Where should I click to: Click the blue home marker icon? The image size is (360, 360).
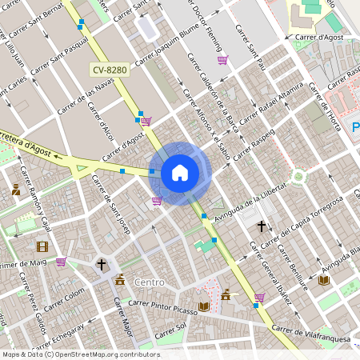[180, 173]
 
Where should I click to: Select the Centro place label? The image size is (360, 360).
[150, 282]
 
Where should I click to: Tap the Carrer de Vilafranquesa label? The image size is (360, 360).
[310, 333]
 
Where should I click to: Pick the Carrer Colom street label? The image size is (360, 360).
[63, 304]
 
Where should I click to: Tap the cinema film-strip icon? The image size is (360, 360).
[42, 246]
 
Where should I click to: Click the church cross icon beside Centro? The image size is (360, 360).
[102, 263]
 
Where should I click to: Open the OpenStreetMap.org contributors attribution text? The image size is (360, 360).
[104, 354]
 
